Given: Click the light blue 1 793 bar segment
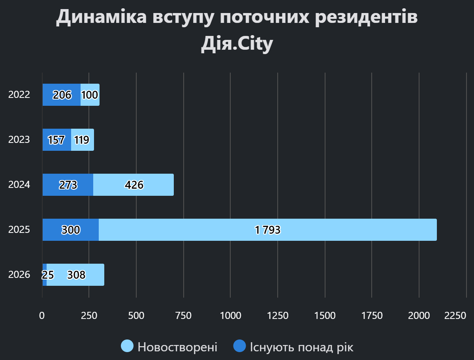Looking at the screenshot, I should (268, 230).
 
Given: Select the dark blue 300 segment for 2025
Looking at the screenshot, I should (71, 230).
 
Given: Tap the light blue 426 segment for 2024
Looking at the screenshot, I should (134, 185).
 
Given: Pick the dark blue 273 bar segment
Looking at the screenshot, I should (68, 185).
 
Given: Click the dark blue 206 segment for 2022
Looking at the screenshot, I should (62, 95).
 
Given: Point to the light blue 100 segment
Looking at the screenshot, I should (90, 95).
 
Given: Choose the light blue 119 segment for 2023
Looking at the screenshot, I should (83, 140).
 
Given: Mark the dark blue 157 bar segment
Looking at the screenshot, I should (57, 140).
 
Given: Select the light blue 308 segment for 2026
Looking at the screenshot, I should (76, 275).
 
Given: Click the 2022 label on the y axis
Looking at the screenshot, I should (19, 95).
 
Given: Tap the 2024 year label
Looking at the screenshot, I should (19, 185).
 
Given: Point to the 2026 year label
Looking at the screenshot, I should (19, 275).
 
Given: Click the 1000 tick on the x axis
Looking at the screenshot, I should (231, 315).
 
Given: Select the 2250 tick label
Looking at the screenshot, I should (455, 315).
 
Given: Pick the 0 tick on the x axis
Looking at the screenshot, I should (42, 315).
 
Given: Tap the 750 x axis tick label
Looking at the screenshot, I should (183, 315).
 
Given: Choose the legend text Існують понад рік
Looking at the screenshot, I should (301, 347).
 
